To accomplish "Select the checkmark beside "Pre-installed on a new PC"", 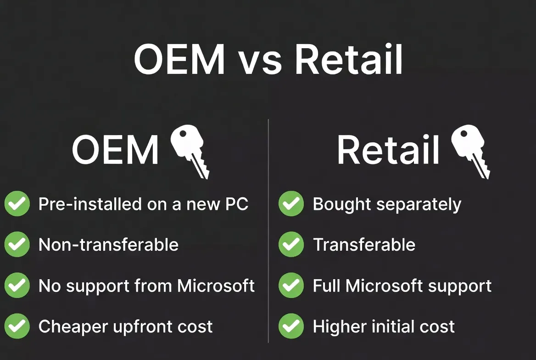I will point(17,204).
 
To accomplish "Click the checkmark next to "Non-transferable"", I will point(17,245).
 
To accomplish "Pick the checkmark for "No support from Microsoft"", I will point(17,286).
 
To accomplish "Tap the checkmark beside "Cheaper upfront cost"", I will point(17,326).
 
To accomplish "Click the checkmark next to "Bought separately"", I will point(291,204).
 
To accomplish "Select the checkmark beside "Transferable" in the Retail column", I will point(291,245).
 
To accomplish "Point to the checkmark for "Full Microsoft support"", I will point(291,286).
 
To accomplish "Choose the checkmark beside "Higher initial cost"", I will point(291,326).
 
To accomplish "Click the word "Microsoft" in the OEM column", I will point(216,286).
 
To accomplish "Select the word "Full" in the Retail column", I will point(326,286).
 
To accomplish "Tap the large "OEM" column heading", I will point(115,150).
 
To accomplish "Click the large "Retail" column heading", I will point(388,150).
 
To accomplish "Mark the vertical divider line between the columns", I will point(268,230).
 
